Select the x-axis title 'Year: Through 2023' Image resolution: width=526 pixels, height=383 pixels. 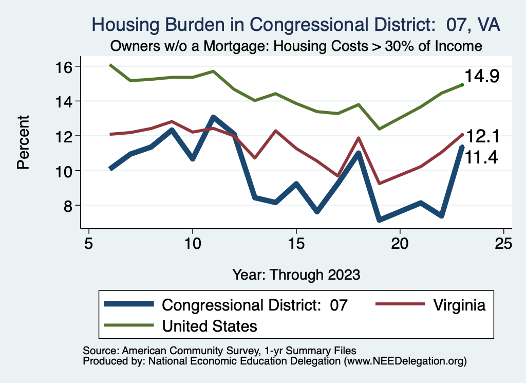click(x=296, y=273)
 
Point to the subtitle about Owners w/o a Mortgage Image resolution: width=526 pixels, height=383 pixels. click(x=296, y=46)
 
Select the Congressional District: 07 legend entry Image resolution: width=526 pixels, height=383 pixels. click(x=255, y=305)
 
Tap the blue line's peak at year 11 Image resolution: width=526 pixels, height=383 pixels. click(x=213, y=118)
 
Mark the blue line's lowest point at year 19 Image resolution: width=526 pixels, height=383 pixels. click(x=379, y=220)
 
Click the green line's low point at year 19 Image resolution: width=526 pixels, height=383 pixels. click(x=379, y=129)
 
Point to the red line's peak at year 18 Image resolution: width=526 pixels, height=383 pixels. click(x=359, y=138)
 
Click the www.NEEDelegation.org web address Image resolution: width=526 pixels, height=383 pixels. click(x=405, y=361)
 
